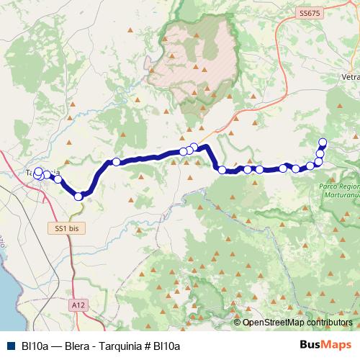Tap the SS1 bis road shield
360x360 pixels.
66,228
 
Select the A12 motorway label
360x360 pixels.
78,305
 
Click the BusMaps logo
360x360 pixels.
325,346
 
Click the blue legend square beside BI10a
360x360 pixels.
10,346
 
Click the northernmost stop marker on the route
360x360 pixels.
323,142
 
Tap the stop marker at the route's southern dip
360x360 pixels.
78,196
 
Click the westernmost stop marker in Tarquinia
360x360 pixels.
37,175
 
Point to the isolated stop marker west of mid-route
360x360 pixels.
116,162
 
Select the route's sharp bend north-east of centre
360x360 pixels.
207,147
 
